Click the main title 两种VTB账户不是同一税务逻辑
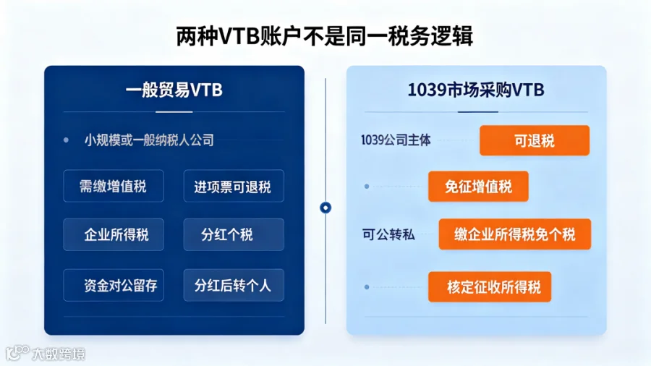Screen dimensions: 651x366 coord(325,36)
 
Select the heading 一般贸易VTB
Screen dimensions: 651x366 coord(174,90)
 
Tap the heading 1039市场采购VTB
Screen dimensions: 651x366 coord(476,90)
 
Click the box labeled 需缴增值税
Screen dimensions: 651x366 coord(114,186)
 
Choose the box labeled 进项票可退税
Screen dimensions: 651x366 coord(234,186)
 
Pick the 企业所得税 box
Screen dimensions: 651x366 coord(114,234)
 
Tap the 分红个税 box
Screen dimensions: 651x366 coord(234,234)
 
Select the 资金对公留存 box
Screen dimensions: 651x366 coord(114,285)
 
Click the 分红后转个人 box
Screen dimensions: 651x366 coord(234,285)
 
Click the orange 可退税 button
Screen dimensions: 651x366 coord(535,140)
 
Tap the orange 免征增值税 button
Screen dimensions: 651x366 coord(478,187)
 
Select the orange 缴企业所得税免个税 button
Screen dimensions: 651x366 coord(515,234)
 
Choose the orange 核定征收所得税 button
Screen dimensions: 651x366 coord(490,286)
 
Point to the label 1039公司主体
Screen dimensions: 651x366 coord(396,140)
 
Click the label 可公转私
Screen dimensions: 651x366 coord(388,234)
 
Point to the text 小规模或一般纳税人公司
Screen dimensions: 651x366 coord(149,140)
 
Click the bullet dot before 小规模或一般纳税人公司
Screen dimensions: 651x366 coord(66,140)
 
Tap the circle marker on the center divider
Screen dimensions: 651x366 coord(325,208)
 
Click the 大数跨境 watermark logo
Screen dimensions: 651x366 coord(45,354)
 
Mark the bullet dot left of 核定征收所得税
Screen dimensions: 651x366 coord(367,286)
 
